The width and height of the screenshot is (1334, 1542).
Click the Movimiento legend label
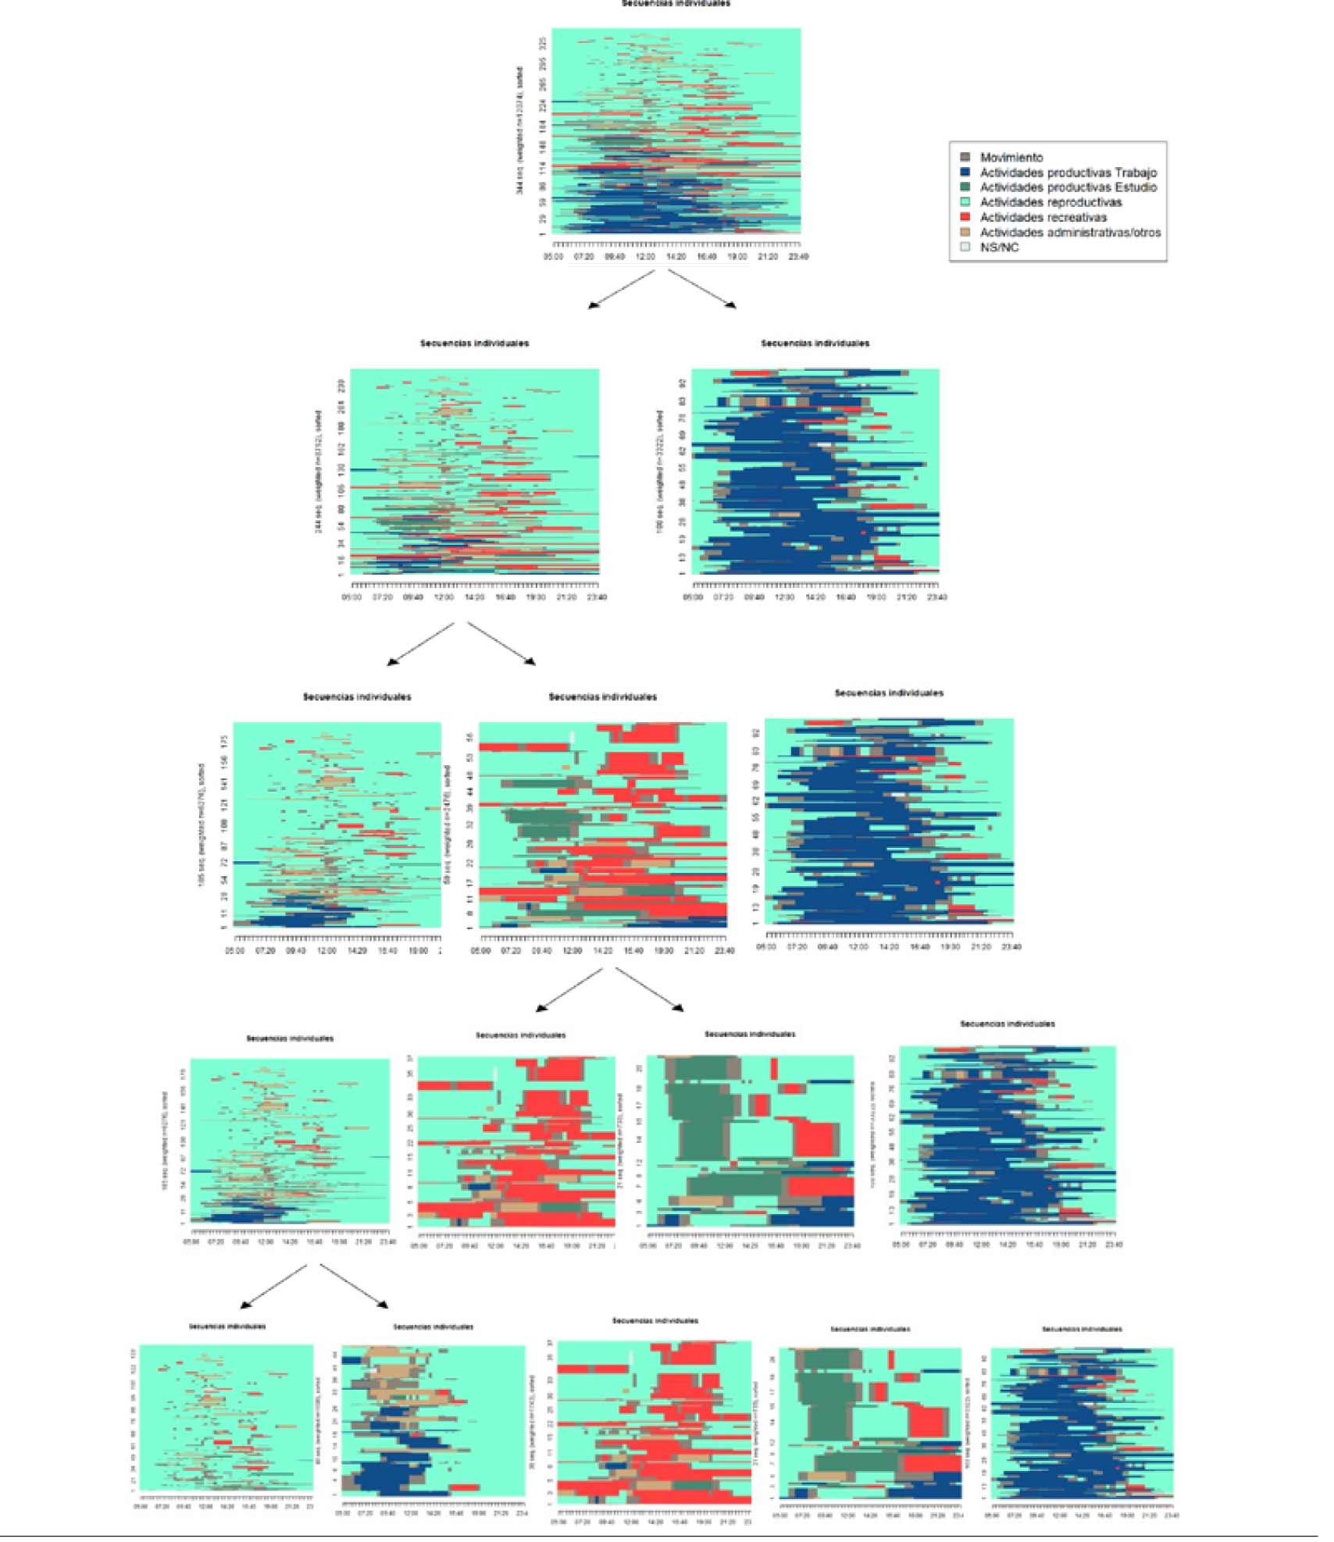click(x=1011, y=158)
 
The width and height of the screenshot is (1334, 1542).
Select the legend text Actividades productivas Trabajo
click(x=1068, y=173)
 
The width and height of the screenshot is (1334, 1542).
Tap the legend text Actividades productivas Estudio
click(x=1068, y=187)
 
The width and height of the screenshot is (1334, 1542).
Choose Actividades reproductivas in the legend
click(x=1050, y=202)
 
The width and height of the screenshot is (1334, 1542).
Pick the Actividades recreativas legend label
click(x=1043, y=218)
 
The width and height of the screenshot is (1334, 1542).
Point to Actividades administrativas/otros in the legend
click(x=1070, y=233)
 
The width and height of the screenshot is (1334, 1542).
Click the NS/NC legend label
click(x=1000, y=248)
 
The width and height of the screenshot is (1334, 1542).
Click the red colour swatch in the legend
click(x=965, y=217)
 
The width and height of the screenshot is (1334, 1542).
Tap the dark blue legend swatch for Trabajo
click(x=965, y=173)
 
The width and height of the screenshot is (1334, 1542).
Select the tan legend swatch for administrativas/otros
click(x=965, y=233)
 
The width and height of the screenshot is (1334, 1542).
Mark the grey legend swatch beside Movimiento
click(x=965, y=158)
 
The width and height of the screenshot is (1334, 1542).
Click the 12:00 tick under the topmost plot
click(x=645, y=257)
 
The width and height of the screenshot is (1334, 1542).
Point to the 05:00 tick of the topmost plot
click(x=553, y=257)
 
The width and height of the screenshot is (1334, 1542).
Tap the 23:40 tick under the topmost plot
click(x=798, y=257)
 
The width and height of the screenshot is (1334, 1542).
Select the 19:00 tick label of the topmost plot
click(x=737, y=257)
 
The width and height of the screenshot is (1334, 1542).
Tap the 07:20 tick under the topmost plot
click(x=583, y=257)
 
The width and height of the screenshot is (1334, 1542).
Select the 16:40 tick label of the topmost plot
click(x=707, y=257)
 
